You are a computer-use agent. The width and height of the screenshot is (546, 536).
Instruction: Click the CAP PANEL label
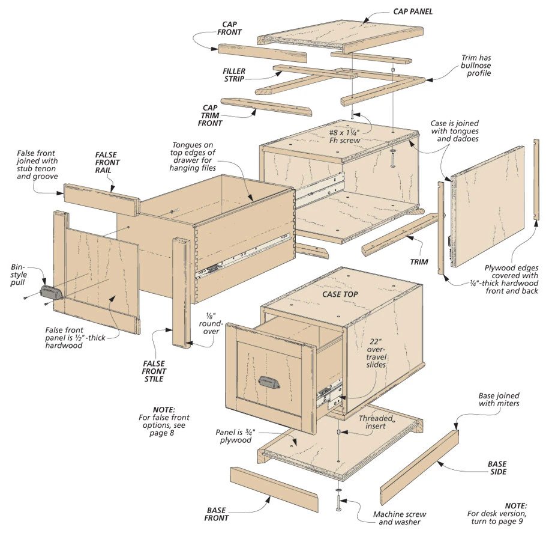[412, 11]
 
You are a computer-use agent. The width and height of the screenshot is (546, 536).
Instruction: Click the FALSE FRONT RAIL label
[107, 162]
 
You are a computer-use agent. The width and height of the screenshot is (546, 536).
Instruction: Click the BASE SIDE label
[496, 467]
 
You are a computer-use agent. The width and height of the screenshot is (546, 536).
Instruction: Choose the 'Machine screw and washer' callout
[400, 519]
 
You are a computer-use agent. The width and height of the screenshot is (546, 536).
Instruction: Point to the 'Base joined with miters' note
[499, 400]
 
